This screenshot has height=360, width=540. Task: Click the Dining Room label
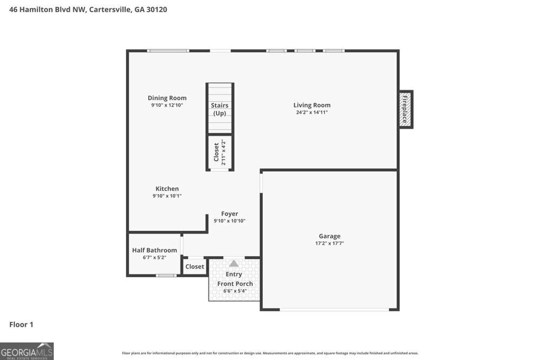pos(167,98)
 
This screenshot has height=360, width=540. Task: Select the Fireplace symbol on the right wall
pos(405,110)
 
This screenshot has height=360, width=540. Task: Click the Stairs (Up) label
pos(219,109)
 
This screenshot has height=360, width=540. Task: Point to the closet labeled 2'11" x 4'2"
pos(219,152)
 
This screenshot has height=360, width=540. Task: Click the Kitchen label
pos(167,189)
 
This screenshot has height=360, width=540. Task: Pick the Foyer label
pos(229,213)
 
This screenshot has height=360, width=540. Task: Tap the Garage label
pos(329,236)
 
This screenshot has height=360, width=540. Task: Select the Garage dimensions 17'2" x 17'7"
pos(329,244)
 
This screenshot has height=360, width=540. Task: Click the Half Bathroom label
pos(154,250)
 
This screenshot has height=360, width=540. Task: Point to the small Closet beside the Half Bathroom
pos(195,267)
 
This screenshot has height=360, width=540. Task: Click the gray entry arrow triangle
pos(233,264)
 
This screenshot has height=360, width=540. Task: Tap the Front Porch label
pos(235,284)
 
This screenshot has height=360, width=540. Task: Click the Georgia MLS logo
pos(27,351)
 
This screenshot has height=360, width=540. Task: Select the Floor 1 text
pos(21,325)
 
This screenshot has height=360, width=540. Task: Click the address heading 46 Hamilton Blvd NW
pos(88,9)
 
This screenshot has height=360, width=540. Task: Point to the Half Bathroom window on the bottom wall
pos(167,275)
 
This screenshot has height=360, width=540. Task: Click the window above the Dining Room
pos(168,51)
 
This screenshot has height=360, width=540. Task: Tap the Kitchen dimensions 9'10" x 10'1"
pos(167,196)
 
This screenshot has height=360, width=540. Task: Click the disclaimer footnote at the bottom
pos(270,353)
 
